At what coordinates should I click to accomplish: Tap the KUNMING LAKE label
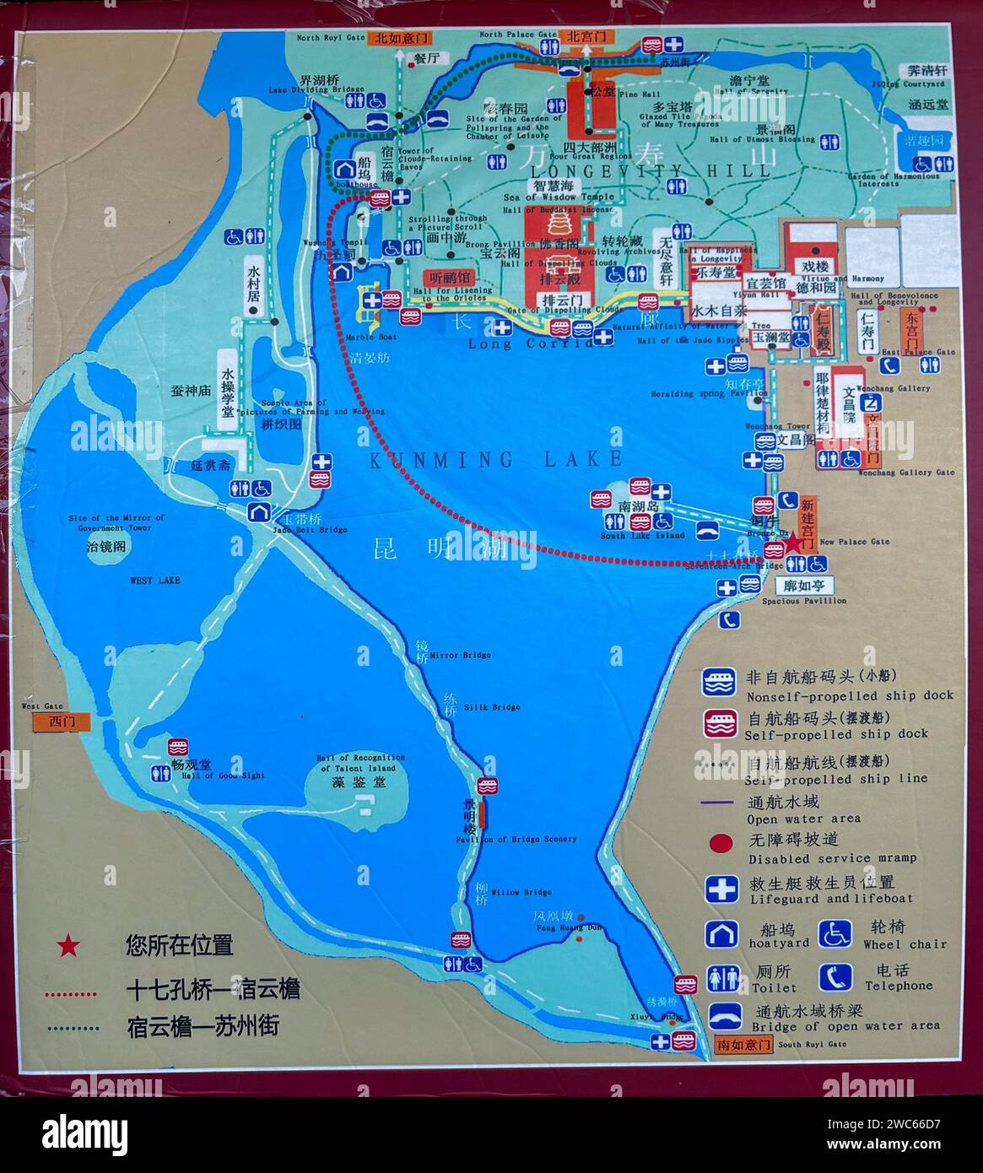(496, 459)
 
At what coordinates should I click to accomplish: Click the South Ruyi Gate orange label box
(743, 1044)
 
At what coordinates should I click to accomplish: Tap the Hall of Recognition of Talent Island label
(361, 763)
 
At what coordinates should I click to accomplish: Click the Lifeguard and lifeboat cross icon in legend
(721, 889)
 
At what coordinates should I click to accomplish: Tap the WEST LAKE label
(154, 581)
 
